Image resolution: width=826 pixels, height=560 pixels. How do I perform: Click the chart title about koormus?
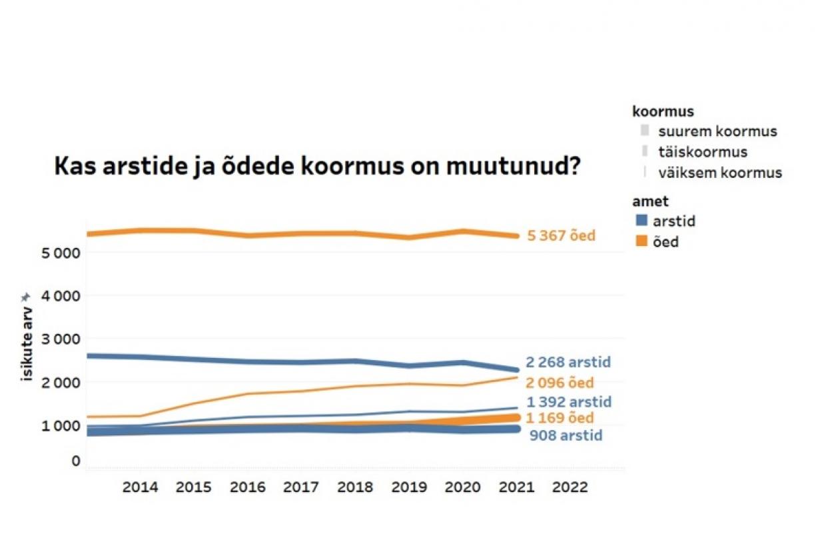click(x=316, y=167)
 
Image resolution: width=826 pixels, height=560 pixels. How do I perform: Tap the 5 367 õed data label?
click(x=561, y=235)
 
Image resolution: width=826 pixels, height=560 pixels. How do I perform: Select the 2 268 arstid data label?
click(x=568, y=363)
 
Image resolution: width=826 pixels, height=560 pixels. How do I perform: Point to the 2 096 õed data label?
click(x=560, y=383)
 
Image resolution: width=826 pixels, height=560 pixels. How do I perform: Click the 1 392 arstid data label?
click(x=569, y=402)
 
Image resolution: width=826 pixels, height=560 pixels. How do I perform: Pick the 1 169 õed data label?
click(x=560, y=418)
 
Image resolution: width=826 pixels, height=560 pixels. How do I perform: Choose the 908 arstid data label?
click(x=566, y=435)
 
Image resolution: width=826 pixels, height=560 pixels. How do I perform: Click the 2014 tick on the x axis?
click(x=140, y=487)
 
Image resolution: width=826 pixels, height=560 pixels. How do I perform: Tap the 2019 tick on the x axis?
click(x=409, y=487)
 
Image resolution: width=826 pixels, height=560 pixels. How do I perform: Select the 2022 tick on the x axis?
click(x=570, y=487)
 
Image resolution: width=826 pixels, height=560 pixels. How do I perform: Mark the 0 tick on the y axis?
click(x=75, y=461)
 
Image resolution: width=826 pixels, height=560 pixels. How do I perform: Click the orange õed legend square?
click(x=641, y=241)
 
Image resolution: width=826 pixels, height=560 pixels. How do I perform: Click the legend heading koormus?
click(x=663, y=111)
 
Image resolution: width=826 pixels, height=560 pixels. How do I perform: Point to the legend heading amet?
click(x=650, y=201)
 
